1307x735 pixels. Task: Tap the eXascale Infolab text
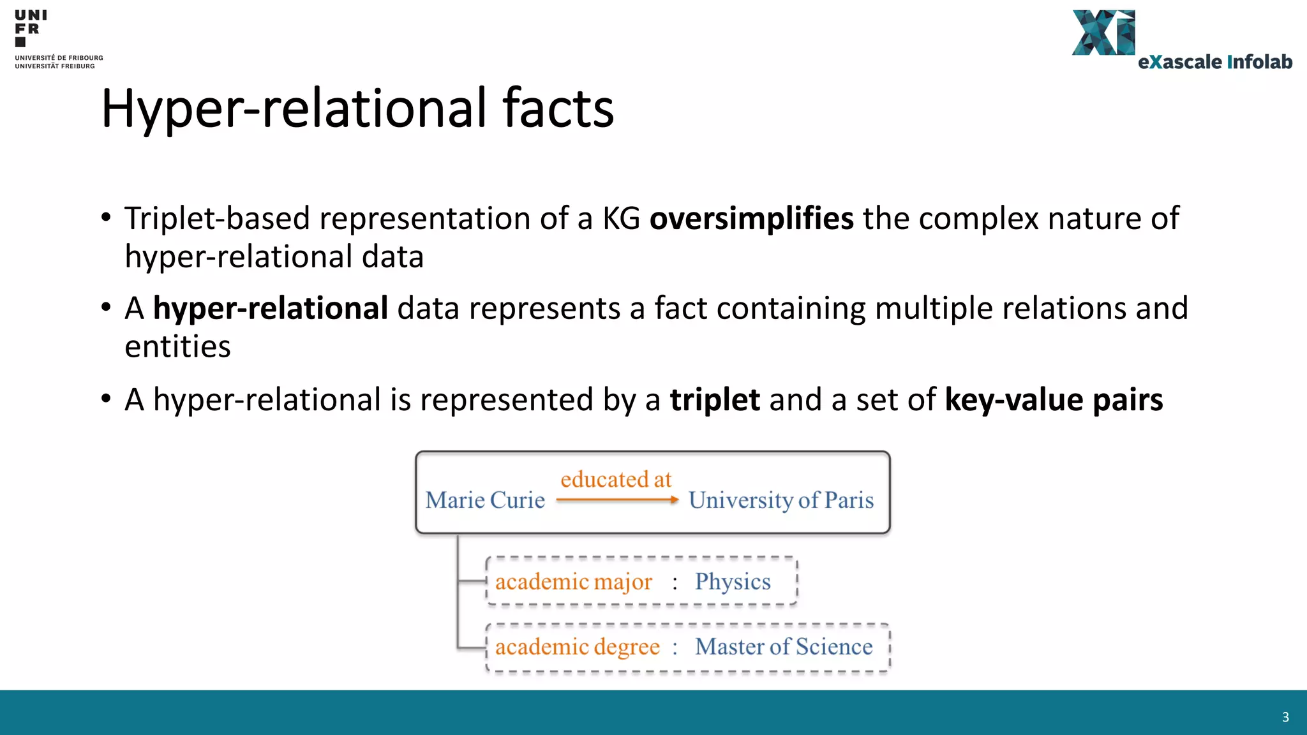(x=1214, y=62)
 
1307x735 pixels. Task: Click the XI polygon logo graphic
(x=1103, y=33)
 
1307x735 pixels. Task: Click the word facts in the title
(x=558, y=108)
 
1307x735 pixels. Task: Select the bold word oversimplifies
(x=751, y=219)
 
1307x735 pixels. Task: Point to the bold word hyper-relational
(x=271, y=309)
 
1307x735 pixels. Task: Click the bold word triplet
(x=715, y=400)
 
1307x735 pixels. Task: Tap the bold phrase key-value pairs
(x=1054, y=400)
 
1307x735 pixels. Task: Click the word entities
(x=177, y=347)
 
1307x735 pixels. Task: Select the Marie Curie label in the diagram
(x=485, y=500)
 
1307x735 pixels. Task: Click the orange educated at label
(x=616, y=479)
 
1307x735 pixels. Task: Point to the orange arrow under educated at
(x=617, y=500)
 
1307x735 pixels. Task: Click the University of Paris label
(x=781, y=500)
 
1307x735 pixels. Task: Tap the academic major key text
(x=573, y=582)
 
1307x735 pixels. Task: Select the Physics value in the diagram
(x=733, y=581)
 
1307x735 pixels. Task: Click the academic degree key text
(x=577, y=647)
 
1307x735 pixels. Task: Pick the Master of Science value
(x=784, y=647)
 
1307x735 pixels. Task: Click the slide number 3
(x=1285, y=717)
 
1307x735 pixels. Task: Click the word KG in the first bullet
(x=621, y=219)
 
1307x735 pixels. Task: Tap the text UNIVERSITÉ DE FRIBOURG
(x=59, y=58)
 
